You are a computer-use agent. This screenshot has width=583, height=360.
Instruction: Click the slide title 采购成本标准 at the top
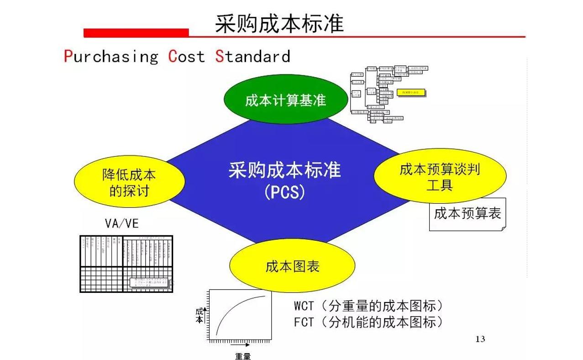279,23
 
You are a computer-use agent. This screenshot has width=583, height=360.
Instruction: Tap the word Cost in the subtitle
187,56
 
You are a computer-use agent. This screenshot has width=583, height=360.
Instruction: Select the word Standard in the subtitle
253,56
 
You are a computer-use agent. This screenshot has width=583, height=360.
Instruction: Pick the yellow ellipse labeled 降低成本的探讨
129,183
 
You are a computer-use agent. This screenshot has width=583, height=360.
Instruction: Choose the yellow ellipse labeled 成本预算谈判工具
439,177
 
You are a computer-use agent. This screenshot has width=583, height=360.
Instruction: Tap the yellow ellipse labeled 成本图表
292,266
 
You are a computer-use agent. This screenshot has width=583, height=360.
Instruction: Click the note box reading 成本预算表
467,214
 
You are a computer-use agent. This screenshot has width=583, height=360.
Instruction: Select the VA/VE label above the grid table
121,223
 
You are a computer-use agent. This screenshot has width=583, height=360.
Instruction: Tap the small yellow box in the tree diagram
411,92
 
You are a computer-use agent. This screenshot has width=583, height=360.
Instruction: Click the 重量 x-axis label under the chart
243,356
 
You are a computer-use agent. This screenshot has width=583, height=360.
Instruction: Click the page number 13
480,339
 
